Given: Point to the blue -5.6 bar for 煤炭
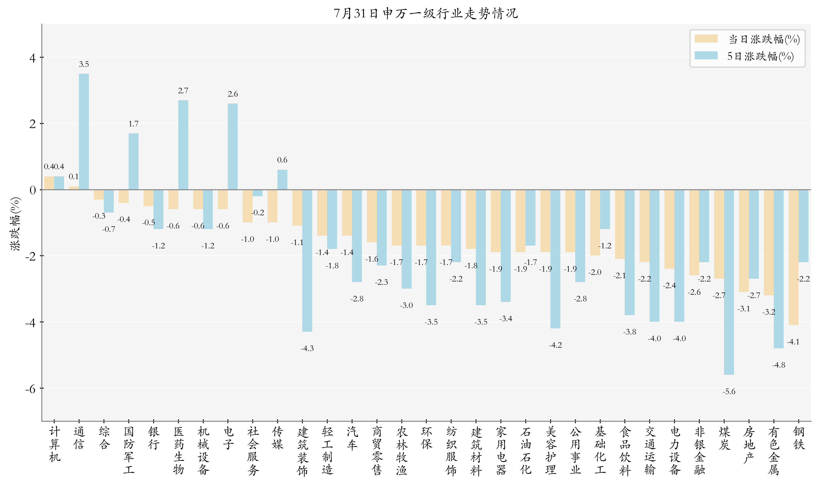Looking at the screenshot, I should (x=729, y=282).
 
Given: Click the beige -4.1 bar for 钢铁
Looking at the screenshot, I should (x=793, y=257).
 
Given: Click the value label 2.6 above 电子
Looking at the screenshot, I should (x=232, y=94).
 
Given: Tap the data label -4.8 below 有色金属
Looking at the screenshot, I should (x=778, y=365).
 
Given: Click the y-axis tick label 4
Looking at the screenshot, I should (x=32, y=58).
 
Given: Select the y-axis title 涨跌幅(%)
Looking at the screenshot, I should (x=15, y=224).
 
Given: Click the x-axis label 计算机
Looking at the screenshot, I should (x=54, y=444).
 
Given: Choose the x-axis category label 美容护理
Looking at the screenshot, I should (x=550, y=451).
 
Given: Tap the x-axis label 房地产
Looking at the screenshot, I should (x=749, y=445).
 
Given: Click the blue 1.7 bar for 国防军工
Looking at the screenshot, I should (x=133, y=161).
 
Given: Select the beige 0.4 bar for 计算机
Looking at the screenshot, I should (x=49, y=183).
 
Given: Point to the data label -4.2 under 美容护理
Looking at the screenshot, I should (x=555, y=345).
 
